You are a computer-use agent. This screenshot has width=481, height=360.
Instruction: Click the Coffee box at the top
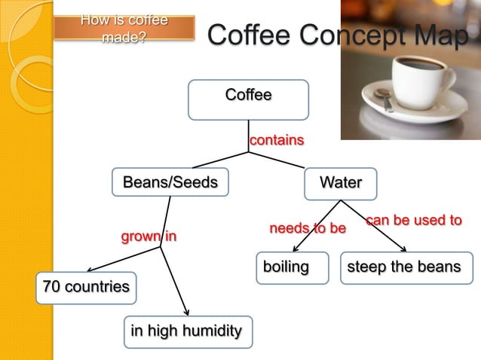pyautogui.click(x=248, y=99)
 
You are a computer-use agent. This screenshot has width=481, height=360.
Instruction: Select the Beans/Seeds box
pyautogui.click(x=170, y=182)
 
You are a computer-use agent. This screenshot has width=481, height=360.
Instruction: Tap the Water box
pyautogui.click(x=340, y=182)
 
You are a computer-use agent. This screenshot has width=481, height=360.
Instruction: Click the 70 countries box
pyautogui.click(x=86, y=288)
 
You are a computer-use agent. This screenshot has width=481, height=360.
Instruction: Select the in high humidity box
pyautogui.click(x=187, y=331)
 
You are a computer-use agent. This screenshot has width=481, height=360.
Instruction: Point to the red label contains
pyautogui.click(x=277, y=140)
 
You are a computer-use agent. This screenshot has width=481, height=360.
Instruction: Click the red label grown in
pyautogui.click(x=149, y=237)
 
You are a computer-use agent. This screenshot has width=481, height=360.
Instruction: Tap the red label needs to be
pyautogui.click(x=308, y=227)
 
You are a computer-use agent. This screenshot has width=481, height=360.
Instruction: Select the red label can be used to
pyautogui.click(x=413, y=220)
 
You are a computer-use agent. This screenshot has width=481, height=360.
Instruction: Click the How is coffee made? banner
pyautogui.click(x=124, y=28)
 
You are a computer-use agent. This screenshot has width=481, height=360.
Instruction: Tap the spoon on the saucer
pyautogui.click(x=381, y=96)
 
